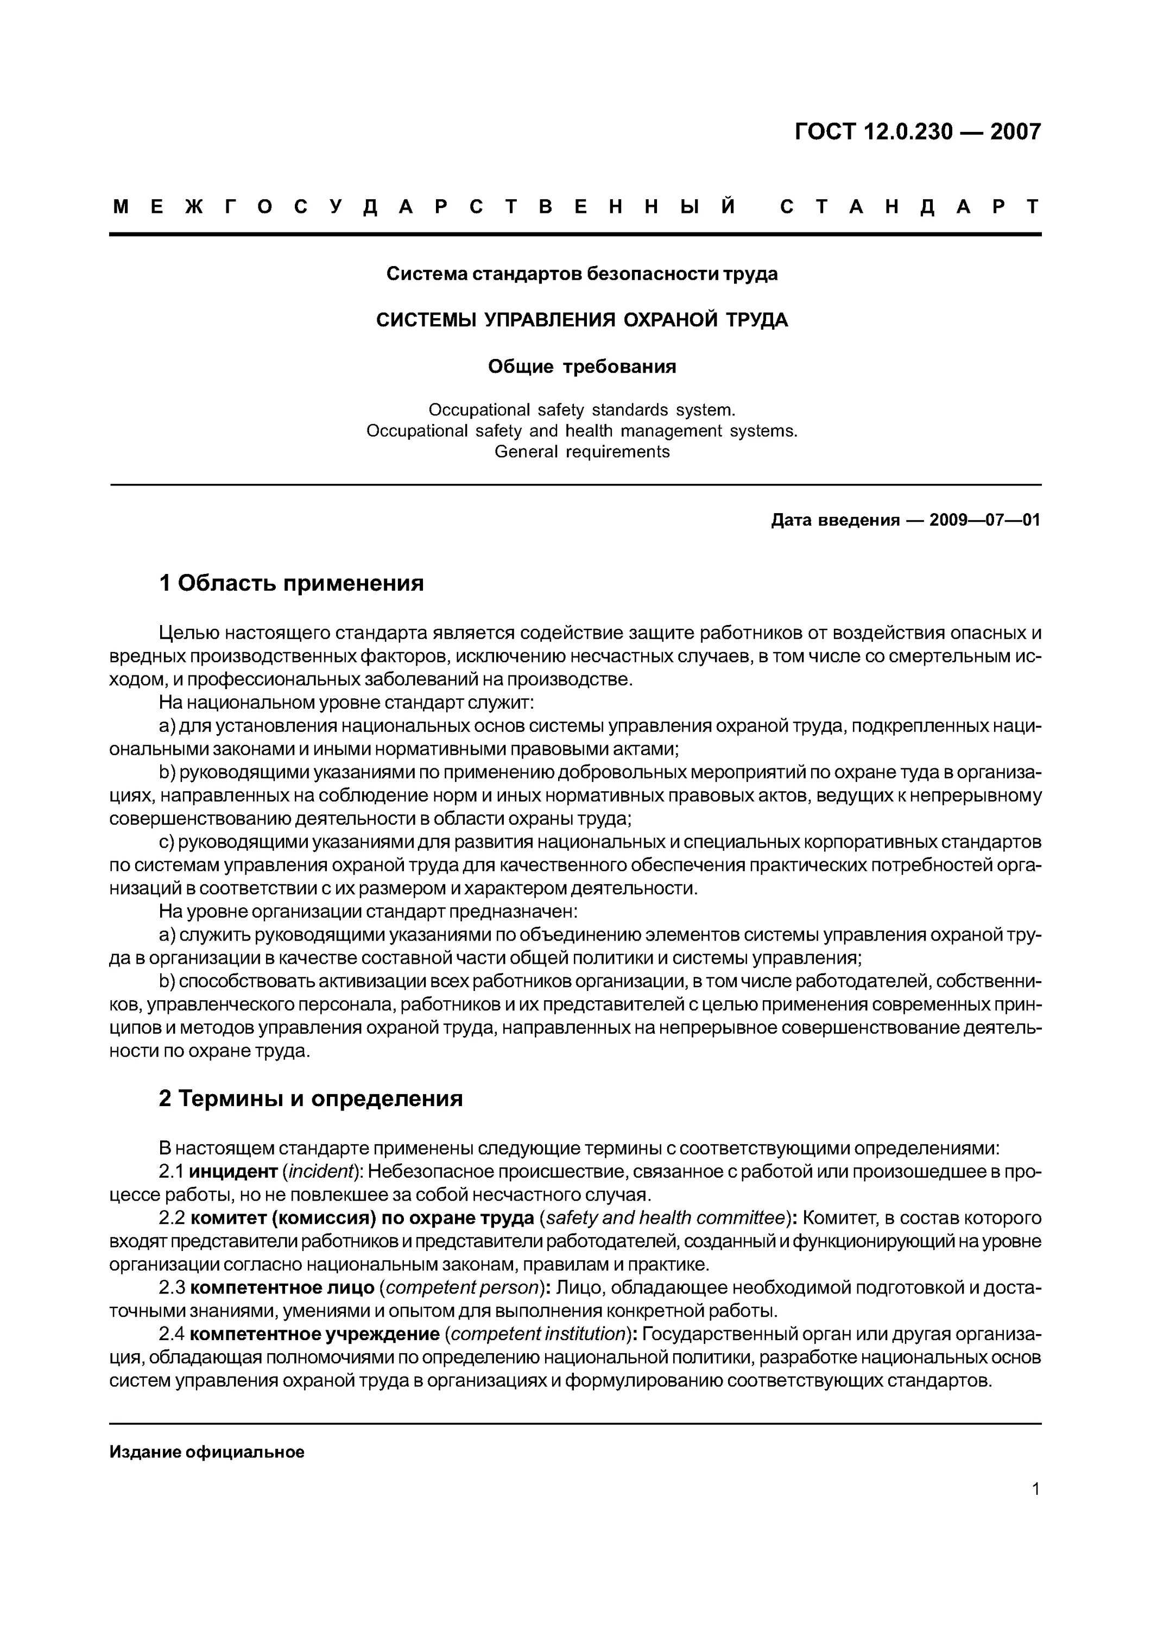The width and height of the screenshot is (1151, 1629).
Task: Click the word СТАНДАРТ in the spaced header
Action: [x=910, y=207]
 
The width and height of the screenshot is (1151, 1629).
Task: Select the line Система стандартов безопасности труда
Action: [x=581, y=274]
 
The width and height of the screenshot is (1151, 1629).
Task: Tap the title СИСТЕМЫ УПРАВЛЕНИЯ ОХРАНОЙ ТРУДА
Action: [x=581, y=320]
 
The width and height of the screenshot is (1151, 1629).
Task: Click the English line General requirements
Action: [x=581, y=452]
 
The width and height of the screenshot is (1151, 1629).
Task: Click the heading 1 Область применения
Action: [x=292, y=583]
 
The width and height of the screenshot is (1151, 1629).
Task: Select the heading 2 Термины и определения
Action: [x=311, y=1098]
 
